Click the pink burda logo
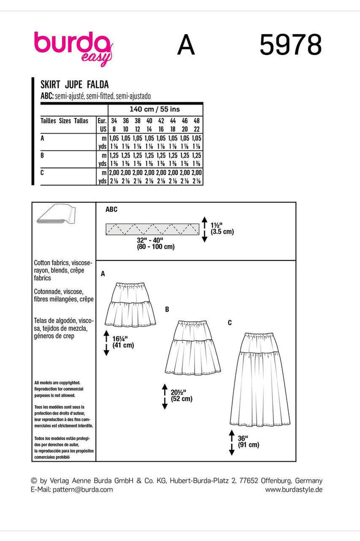[x=73, y=46]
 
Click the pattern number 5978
[x=290, y=45]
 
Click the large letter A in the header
[x=186, y=45]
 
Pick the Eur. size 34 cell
[x=114, y=120]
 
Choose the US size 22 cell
[x=196, y=128]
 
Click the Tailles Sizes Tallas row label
[x=64, y=121]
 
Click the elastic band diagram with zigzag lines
[x=151, y=229]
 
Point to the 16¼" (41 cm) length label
[x=123, y=342]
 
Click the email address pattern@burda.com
[x=73, y=490]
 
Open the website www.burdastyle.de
[x=293, y=490]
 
